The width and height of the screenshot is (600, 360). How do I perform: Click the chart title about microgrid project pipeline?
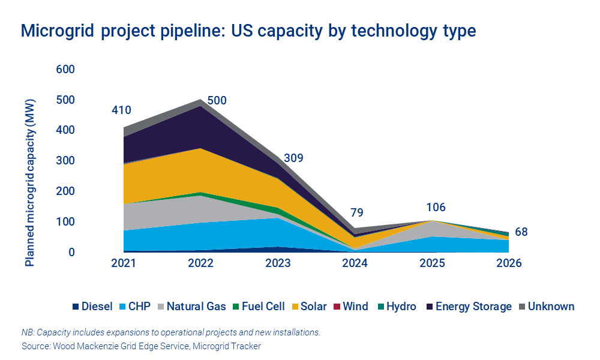(x=248, y=31)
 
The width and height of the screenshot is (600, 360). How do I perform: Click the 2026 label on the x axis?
(x=509, y=264)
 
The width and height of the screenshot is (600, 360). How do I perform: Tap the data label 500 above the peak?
(x=217, y=100)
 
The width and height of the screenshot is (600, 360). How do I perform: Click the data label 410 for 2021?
(x=121, y=110)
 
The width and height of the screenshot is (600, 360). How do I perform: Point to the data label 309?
(x=293, y=158)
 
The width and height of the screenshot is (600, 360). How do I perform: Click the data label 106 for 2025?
(x=436, y=208)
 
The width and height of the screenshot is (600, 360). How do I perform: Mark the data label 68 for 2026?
(x=521, y=232)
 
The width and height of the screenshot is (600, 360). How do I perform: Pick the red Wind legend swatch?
(x=338, y=307)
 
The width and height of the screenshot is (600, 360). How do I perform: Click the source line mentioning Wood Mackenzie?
(x=141, y=346)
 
